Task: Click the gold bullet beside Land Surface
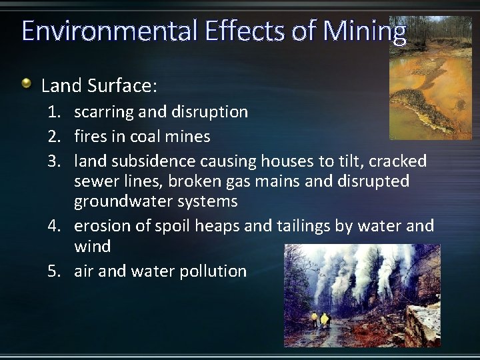pyautogui.click(x=26, y=84)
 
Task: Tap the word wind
pyautogui.click(x=92, y=246)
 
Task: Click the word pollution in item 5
pyautogui.click(x=213, y=271)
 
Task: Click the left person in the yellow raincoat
pyautogui.click(x=315, y=321)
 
